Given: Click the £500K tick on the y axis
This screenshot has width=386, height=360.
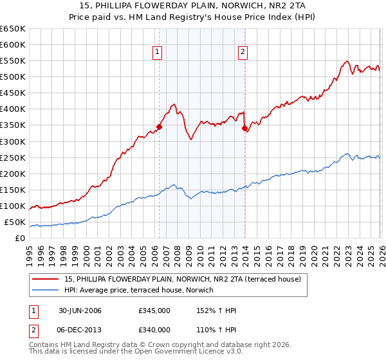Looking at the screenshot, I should tap(12, 77).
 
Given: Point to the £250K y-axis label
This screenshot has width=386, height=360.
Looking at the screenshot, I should tap(12, 157).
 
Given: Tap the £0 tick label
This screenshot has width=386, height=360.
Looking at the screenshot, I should tap(20, 239).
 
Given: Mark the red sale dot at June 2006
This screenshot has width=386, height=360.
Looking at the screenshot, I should tap(159, 127).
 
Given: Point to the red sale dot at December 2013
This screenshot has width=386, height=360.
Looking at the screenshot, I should tap(244, 129).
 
